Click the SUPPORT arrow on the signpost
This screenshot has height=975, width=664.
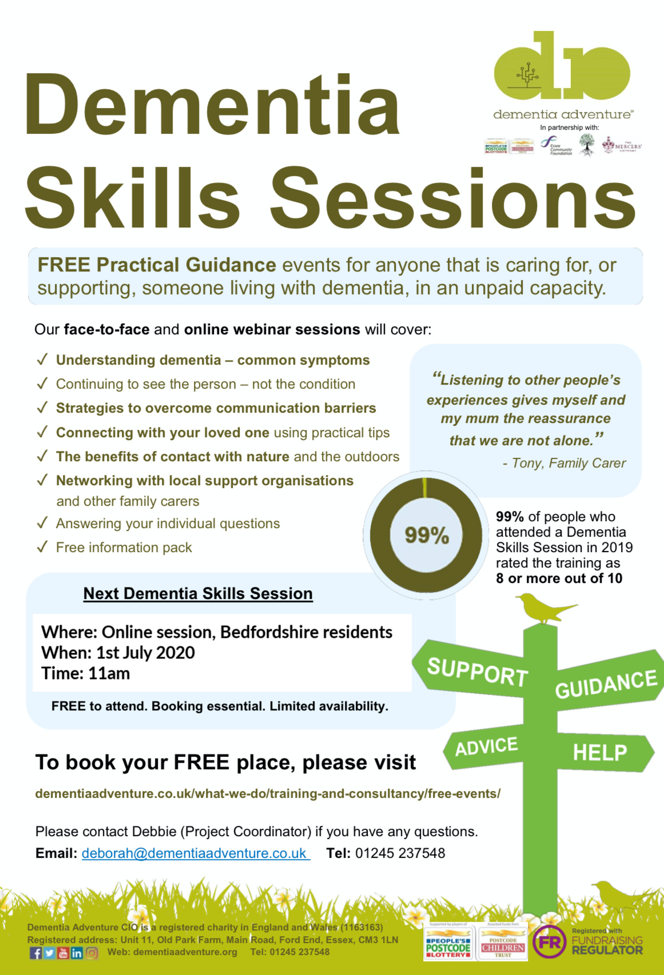click(x=476, y=671)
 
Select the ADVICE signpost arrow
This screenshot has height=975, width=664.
click(x=486, y=746)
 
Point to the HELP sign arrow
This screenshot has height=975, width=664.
click(x=600, y=753)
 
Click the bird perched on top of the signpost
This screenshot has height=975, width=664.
click(x=543, y=608)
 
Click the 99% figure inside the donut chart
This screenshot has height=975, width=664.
click(x=427, y=535)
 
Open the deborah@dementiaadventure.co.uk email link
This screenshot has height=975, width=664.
click(x=194, y=853)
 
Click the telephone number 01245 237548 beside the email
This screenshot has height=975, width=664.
click(x=400, y=853)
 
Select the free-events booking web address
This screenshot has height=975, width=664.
click(x=268, y=794)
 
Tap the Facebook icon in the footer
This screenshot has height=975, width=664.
click(x=35, y=953)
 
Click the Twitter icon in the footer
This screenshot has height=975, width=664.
click(x=49, y=953)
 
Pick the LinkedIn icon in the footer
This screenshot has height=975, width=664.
click(x=77, y=953)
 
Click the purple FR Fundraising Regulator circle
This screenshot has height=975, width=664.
click(x=549, y=942)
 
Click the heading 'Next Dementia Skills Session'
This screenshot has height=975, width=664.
click(x=198, y=594)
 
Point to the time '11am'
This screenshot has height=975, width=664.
click(x=109, y=673)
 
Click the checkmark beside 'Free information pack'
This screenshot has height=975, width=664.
click(x=42, y=547)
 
